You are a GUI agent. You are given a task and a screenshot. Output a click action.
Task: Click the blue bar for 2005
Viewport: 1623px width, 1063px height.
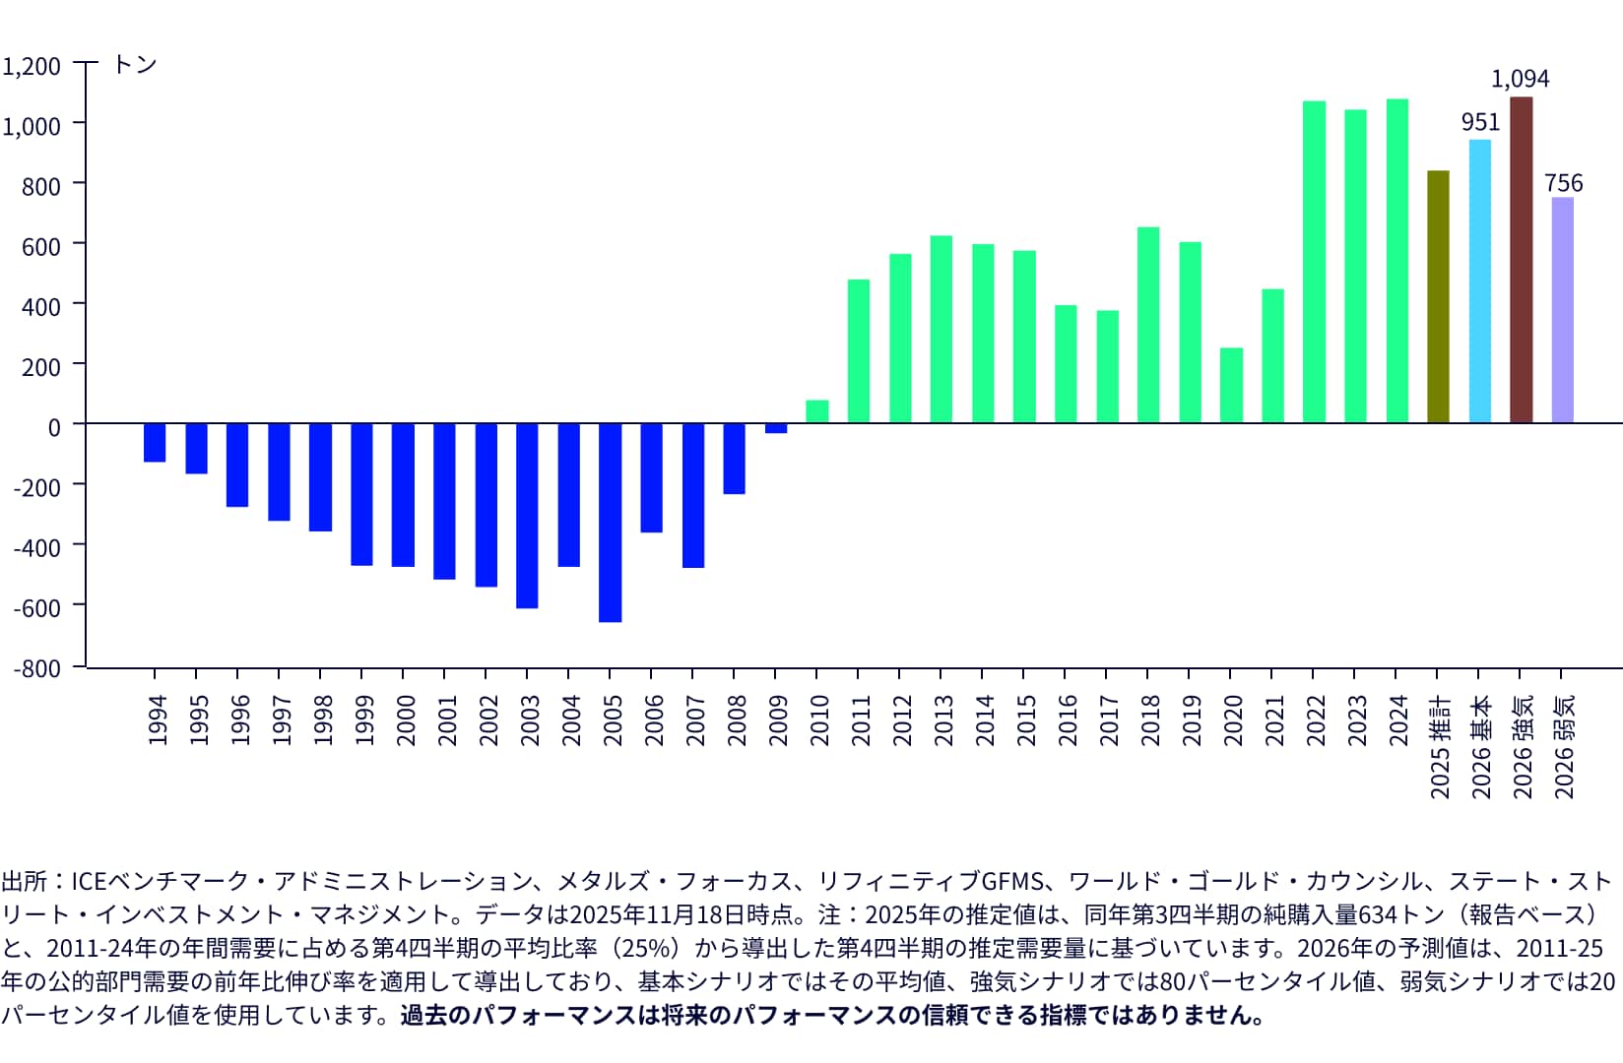pyautogui.click(x=610, y=523)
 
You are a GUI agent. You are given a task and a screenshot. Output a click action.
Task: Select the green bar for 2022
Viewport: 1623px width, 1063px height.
pyautogui.click(x=1314, y=262)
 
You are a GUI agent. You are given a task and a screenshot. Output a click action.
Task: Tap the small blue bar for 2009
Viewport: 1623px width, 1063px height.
pyautogui.click(x=776, y=428)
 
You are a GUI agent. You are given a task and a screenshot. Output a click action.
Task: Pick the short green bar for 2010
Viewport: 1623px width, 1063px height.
pyautogui.click(x=817, y=411)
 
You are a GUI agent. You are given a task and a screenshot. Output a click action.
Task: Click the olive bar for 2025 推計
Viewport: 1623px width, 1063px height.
pyautogui.click(x=1438, y=297)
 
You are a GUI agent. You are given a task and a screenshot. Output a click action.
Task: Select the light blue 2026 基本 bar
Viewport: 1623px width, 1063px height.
pyautogui.click(x=1479, y=281)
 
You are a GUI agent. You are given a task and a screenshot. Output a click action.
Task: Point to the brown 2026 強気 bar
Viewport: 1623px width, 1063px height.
pyautogui.click(x=1521, y=260)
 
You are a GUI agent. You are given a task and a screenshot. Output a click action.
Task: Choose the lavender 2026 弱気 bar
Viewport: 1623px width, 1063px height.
pyautogui.click(x=1562, y=310)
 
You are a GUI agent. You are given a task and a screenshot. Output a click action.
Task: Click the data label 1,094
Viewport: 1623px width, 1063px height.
pyautogui.click(x=1520, y=79)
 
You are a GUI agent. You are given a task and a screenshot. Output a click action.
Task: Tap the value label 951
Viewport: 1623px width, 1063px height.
pyautogui.click(x=1480, y=122)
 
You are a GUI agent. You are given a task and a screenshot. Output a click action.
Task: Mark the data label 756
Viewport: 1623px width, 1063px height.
pyautogui.click(x=1563, y=183)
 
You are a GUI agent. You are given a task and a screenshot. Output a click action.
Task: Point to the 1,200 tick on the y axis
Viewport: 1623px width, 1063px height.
pyautogui.click(x=32, y=66)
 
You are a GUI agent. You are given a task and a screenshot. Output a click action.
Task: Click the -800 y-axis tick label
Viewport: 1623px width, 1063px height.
pyautogui.click(x=36, y=667)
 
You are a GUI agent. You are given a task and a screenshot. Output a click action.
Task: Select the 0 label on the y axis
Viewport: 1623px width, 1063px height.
pyautogui.click(x=54, y=426)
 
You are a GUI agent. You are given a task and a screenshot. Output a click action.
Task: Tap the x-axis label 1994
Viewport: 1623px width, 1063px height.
pyautogui.click(x=156, y=719)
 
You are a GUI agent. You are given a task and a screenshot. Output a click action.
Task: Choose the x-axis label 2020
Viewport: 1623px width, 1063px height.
pyautogui.click(x=1231, y=719)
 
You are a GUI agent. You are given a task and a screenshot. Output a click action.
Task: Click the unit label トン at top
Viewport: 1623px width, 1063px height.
pyautogui.click(x=135, y=64)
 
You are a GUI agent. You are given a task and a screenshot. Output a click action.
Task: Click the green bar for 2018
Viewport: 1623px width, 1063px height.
pyautogui.click(x=1148, y=325)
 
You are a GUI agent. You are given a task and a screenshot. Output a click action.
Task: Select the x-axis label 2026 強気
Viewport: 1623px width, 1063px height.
pyautogui.click(x=1523, y=746)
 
